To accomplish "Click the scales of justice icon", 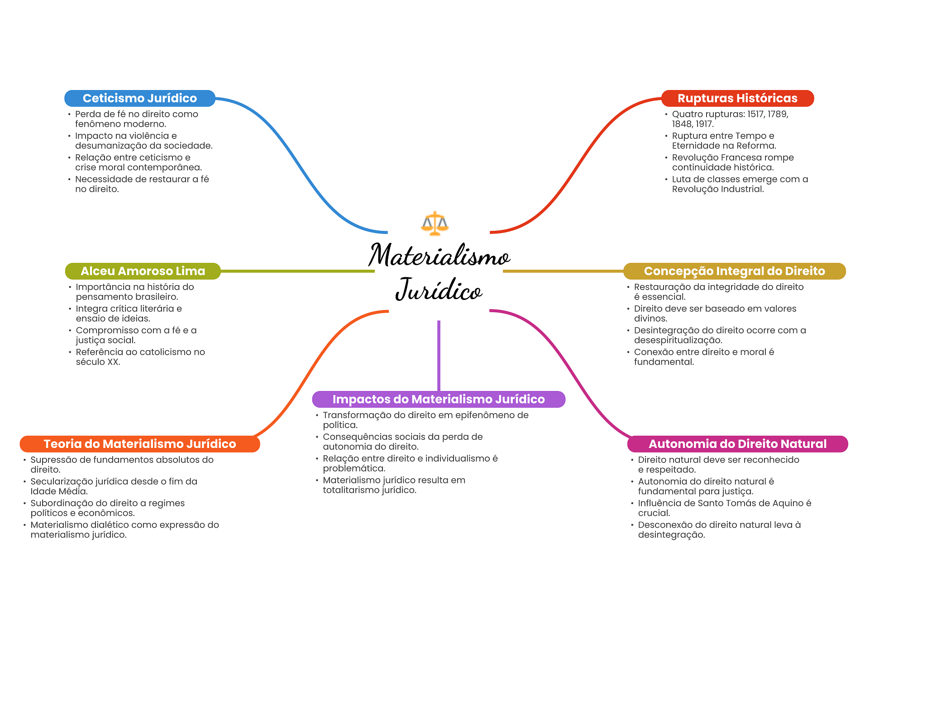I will (x=435, y=223).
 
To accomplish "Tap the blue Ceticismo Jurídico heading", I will (x=140, y=98).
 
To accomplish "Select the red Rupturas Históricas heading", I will (x=737, y=98).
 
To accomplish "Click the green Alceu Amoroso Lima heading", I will (x=143, y=271).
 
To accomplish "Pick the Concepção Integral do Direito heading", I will (x=734, y=271).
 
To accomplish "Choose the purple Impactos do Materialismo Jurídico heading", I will (x=439, y=399).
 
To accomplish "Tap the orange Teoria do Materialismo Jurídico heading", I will (x=140, y=444).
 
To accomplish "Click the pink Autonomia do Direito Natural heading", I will (x=737, y=444).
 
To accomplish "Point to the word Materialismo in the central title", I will (x=439, y=256).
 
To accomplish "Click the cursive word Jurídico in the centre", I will (x=439, y=290).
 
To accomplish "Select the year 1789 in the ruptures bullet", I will (x=778, y=114).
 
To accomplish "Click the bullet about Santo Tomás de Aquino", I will (x=724, y=508).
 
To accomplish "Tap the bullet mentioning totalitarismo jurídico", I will (x=394, y=485).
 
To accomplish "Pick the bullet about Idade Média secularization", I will (x=114, y=486).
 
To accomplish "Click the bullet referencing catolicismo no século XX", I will (x=140, y=357).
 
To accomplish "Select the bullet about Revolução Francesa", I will (x=732, y=162).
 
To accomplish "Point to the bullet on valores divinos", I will (x=715, y=313).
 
